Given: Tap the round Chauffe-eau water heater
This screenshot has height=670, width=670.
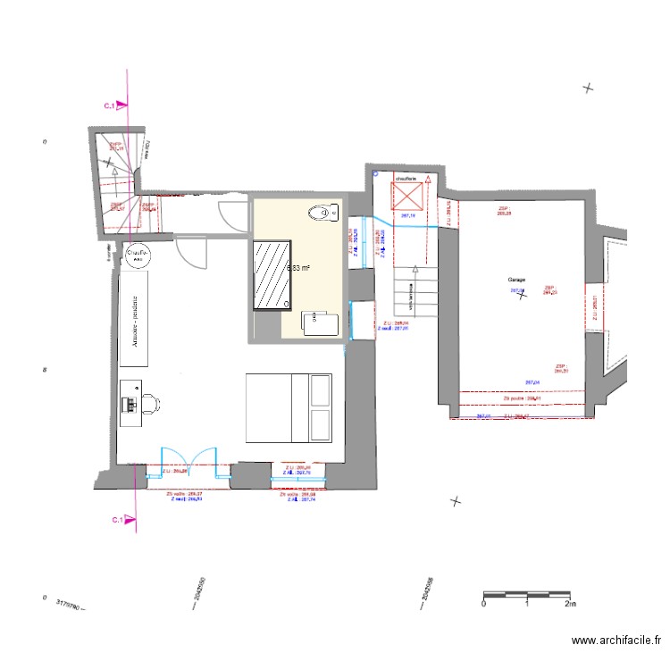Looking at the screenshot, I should pos(138,255).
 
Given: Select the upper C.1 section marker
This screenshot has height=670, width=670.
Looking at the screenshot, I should pos(113,106).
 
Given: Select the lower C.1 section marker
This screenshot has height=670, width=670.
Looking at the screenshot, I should pos(118,520).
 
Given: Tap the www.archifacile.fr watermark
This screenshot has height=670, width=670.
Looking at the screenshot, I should pos(616,641).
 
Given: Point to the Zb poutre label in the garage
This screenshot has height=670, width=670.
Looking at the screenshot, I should pos(523,398).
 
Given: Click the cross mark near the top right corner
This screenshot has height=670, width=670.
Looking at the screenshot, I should pos(588,88).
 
